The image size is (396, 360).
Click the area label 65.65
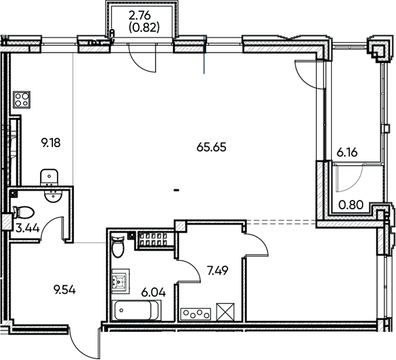[x=212, y=147]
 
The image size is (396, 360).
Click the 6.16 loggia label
[x=348, y=153]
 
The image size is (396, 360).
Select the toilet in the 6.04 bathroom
[x=118, y=247]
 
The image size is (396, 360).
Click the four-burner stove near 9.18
[x=22, y=99]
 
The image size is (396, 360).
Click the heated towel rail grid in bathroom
[x=154, y=238]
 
